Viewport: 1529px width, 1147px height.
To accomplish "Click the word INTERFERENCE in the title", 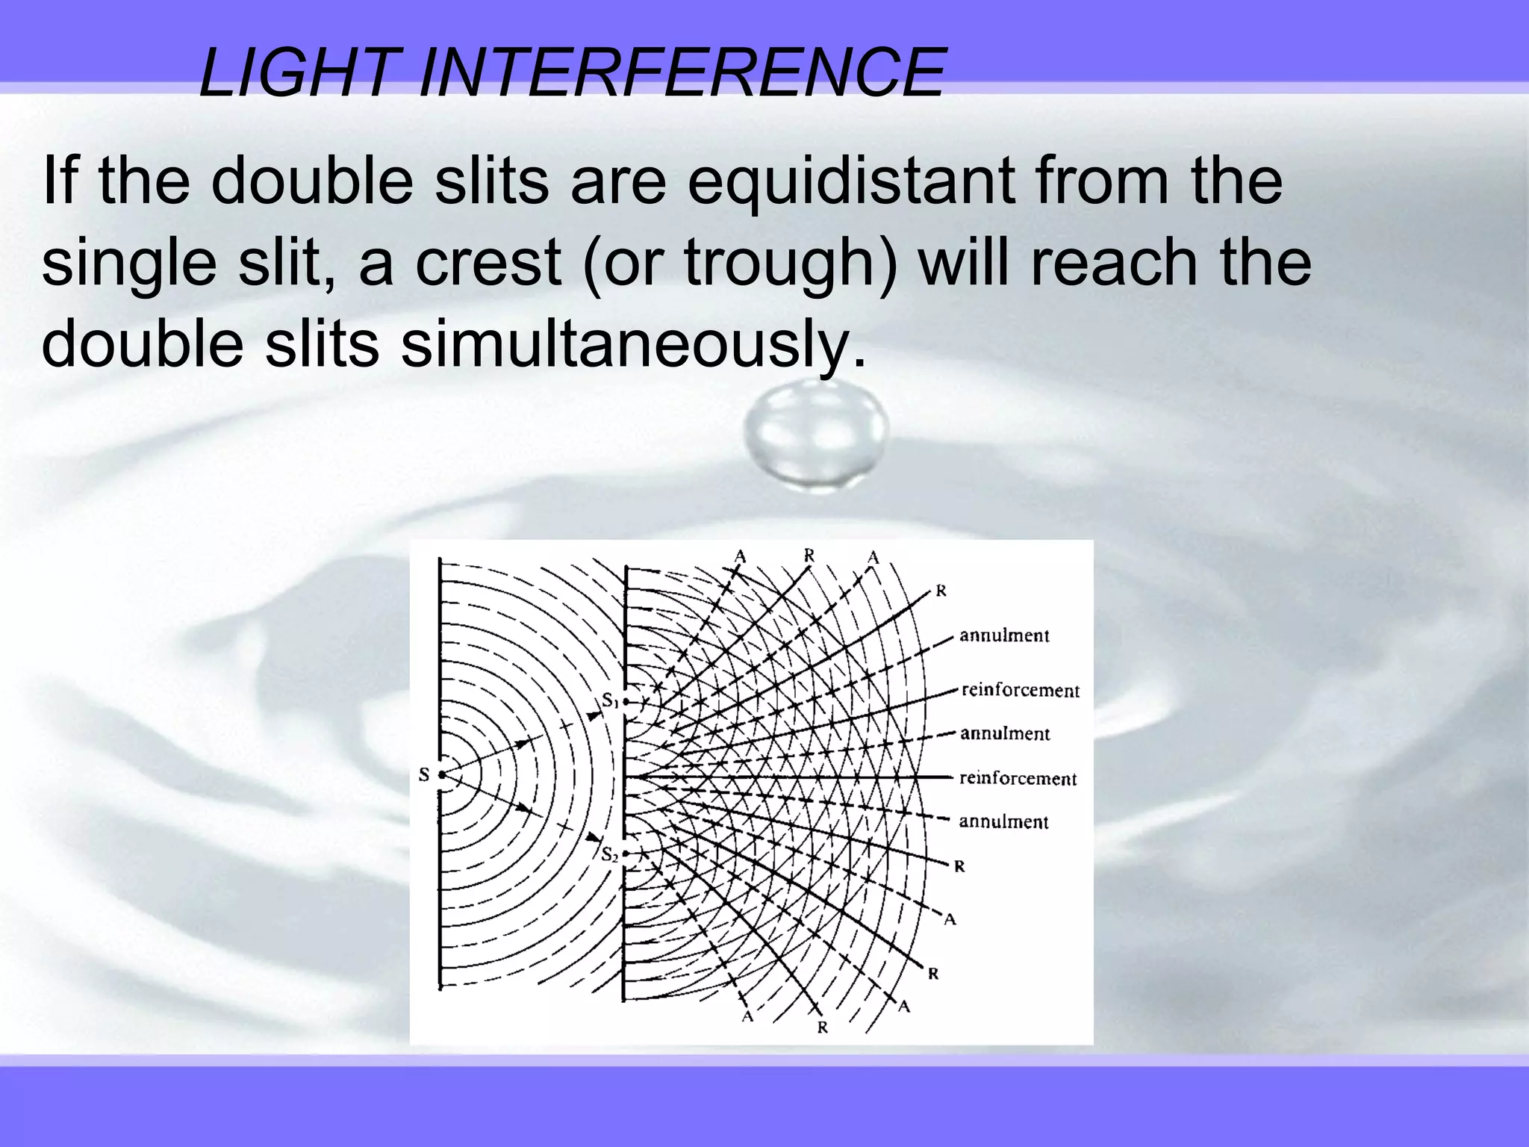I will pyautogui.click(x=681, y=72).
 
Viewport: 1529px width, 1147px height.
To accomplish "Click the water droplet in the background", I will pyautogui.click(x=816, y=433).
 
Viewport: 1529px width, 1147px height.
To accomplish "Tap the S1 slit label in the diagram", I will pyautogui.click(x=610, y=701).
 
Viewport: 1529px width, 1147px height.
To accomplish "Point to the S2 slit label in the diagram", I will pyautogui.click(x=610, y=854).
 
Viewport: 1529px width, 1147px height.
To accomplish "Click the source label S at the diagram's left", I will pyautogui.click(x=424, y=774).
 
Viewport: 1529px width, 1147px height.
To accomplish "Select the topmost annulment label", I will pyautogui.click(x=1004, y=635).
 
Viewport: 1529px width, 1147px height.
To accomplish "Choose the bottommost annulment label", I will pyautogui.click(x=1004, y=821).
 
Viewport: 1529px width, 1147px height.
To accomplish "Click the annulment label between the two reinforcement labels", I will pyautogui.click(x=1005, y=733).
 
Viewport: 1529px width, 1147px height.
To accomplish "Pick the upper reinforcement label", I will pyautogui.click(x=1020, y=690).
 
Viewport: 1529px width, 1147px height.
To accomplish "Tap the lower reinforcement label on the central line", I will pyautogui.click(x=1018, y=778).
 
